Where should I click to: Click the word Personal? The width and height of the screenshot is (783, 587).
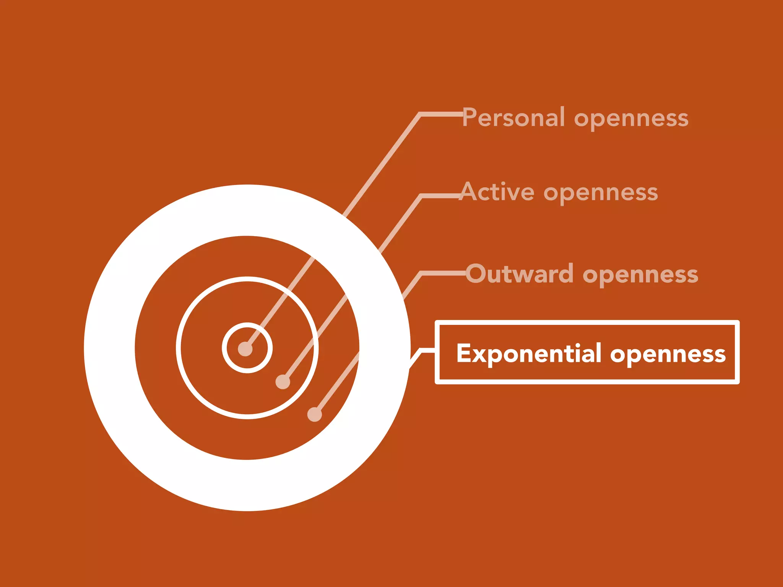tap(513, 117)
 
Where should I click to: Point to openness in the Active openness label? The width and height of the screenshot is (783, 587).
tap(601, 193)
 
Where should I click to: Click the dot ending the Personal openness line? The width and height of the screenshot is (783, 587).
tap(245, 349)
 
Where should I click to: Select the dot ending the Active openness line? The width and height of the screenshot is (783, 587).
tap(283, 382)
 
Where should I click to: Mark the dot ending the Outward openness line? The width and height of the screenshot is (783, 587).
tap(314, 415)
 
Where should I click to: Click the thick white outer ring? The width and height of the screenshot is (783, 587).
tap(109, 348)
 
